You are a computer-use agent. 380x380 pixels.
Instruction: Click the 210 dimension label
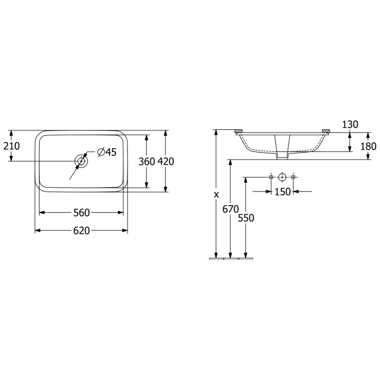point(11,145)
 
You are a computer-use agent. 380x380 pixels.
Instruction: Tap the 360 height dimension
point(147,161)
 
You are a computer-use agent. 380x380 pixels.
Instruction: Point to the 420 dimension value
point(166,161)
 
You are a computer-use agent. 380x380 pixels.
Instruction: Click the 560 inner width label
point(81,212)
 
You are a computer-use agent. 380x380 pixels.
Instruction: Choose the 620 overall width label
point(81,231)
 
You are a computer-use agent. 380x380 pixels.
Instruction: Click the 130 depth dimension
point(350,125)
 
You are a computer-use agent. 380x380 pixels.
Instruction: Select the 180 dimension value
point(368,146)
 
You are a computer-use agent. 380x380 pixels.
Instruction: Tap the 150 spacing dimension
point(282,191)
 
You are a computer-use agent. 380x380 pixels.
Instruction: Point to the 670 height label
point(231,208)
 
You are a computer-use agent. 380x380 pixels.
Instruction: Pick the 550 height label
point(246,217)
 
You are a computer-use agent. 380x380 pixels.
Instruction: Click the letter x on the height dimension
point(216,194)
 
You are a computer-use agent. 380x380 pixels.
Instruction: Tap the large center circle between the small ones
point(282,178)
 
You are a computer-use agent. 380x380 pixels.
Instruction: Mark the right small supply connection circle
point(293,178)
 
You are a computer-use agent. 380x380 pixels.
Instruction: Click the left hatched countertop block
point(238,131)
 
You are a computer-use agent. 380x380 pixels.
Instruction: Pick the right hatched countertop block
point(326,131)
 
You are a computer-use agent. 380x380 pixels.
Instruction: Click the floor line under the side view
point(231,259)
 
